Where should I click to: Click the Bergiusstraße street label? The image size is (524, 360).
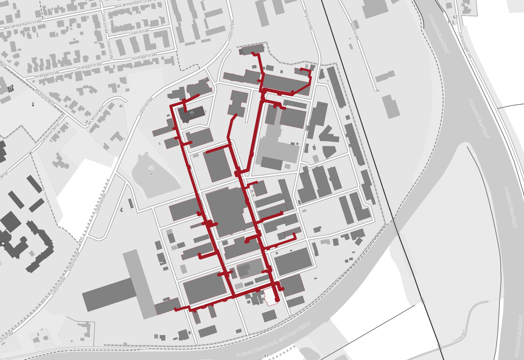(308, 19)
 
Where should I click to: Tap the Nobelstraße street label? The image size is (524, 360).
(354, 31)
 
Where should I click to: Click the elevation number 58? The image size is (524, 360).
(151, 168)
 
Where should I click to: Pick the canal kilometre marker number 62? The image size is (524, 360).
(455, 17)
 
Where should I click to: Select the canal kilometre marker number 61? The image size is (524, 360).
(266, 355)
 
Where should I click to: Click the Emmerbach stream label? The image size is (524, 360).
(459, 336)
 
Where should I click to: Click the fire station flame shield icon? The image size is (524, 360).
(192, 113)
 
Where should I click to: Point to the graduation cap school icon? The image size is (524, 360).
(3, 243)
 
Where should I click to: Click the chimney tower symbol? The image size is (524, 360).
(314, 147)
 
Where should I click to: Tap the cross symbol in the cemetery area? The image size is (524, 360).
(33, 104)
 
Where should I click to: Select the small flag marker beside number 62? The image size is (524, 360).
(450, 22)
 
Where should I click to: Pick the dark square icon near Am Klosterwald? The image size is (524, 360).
(11, 88)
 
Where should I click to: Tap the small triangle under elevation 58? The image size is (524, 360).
(151, 174)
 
